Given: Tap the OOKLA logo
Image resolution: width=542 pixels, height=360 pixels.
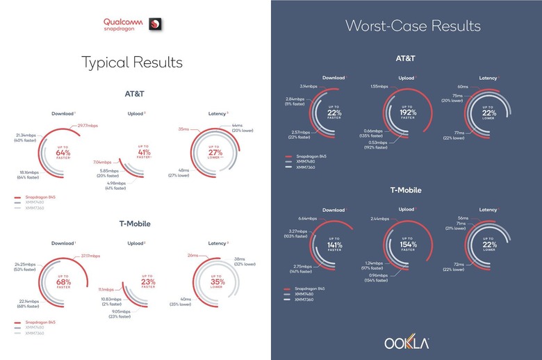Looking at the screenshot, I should (x=406, y=343).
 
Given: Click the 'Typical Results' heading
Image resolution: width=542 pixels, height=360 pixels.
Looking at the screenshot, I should (x=133, y=62).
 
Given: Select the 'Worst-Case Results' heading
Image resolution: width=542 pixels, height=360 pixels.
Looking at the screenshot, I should (x=413, y=26).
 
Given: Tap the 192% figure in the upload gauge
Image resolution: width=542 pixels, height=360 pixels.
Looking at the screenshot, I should (x=407, y=112).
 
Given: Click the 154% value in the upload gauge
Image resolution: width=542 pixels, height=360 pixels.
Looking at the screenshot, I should (x=407, y=245).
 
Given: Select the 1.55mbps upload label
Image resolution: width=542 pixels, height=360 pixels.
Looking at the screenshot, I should (x=379, y=87).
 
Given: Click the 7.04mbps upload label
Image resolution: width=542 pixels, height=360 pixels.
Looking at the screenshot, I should (x=102, y=161).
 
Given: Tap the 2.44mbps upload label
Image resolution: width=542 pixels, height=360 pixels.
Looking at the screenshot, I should (x=381, y=218).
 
